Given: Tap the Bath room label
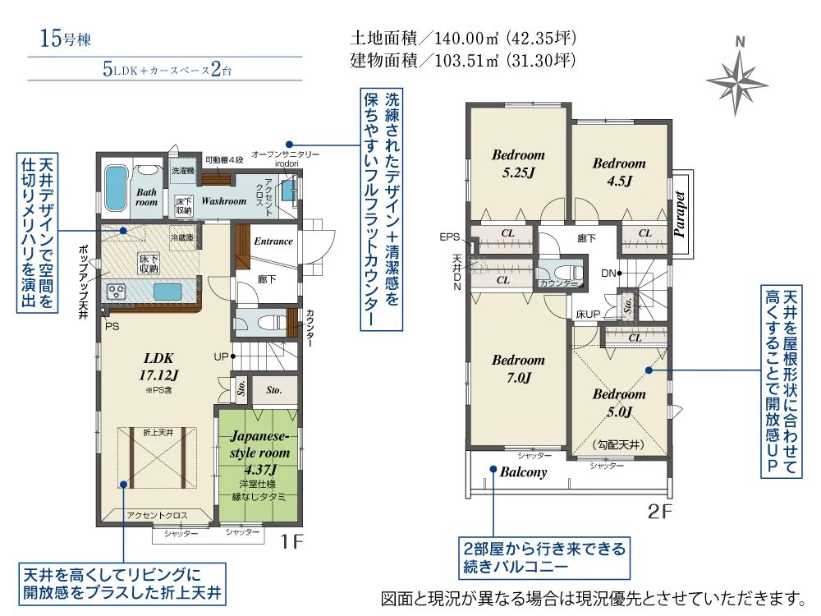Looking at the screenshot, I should [x=145, y=197].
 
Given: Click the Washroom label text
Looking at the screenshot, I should [x=223, y=200].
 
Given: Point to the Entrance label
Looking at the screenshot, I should [x=273, y=241].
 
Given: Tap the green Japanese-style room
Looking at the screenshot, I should [x=259, y=464].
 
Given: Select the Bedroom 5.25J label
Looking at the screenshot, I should [x=518, y=163].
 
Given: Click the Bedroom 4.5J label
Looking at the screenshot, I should [x=619, y=172].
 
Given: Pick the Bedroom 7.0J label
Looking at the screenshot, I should [x=518, y=369].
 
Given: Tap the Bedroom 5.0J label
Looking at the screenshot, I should [x=619, y=402].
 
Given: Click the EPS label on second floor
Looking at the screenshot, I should [x=449, y=237].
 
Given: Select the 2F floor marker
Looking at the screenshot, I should [x=660, y=512].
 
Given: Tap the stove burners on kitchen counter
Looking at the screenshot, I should [x=116, y=292].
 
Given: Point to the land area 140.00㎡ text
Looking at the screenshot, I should [x=464, y=39].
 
